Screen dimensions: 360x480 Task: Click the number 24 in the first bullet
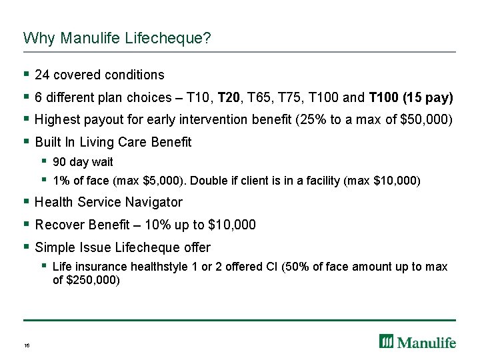point(42,75)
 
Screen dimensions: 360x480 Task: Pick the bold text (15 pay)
point(427,97)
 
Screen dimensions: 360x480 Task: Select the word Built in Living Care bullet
point(48,142)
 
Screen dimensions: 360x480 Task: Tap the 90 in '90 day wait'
point(59,162)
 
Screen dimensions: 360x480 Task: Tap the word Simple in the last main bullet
point(55,247)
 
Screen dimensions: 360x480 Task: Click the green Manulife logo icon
point(386,341)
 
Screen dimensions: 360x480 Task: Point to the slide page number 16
point(27,345)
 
